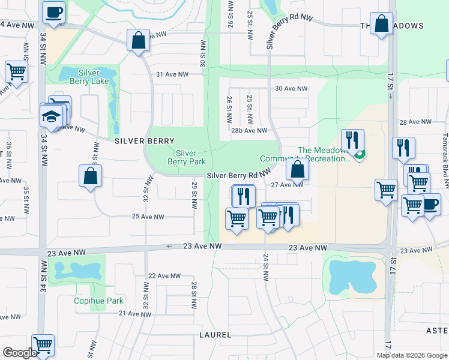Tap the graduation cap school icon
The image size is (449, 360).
[x=52, y=115]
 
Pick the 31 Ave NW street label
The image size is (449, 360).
[x=172, y=74]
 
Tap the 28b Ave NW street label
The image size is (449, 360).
[x=249, y=130]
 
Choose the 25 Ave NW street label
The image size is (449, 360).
[x=148, y=217]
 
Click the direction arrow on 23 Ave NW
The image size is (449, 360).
[x=170, y=247]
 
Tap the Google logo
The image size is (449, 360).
[x=20, y=353]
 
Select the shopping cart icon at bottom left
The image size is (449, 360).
[x=43, y=345]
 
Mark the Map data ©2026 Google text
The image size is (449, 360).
[x=411, y=355]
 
